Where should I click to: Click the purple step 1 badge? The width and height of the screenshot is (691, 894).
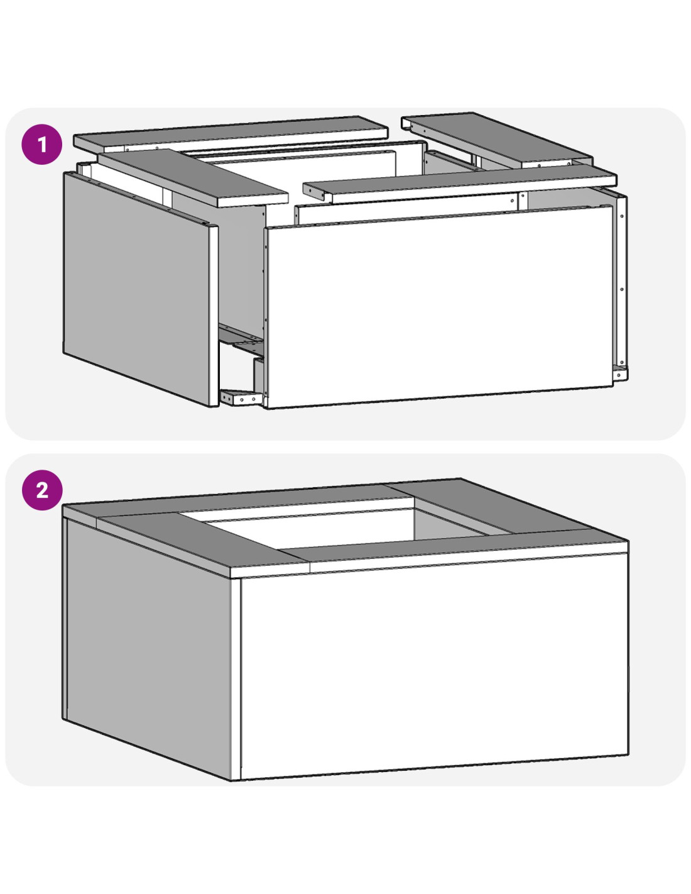pyautogui.click(x=42, y=145)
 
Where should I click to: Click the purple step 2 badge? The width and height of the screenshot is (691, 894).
pyautogui.click(x=42, y=490)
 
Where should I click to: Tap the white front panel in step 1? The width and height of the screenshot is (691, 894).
pyautogui.click(x=440, y=307)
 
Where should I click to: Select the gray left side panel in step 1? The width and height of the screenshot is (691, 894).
pyautogui.click(x=139, y=288)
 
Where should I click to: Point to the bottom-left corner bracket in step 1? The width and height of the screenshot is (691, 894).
pyautogui.click(x=241, y=397)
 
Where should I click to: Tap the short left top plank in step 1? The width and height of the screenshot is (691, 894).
pyautogui.click(x=193, y=177)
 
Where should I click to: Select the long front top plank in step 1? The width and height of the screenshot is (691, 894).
pyautogui.click(x=460, y=185)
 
